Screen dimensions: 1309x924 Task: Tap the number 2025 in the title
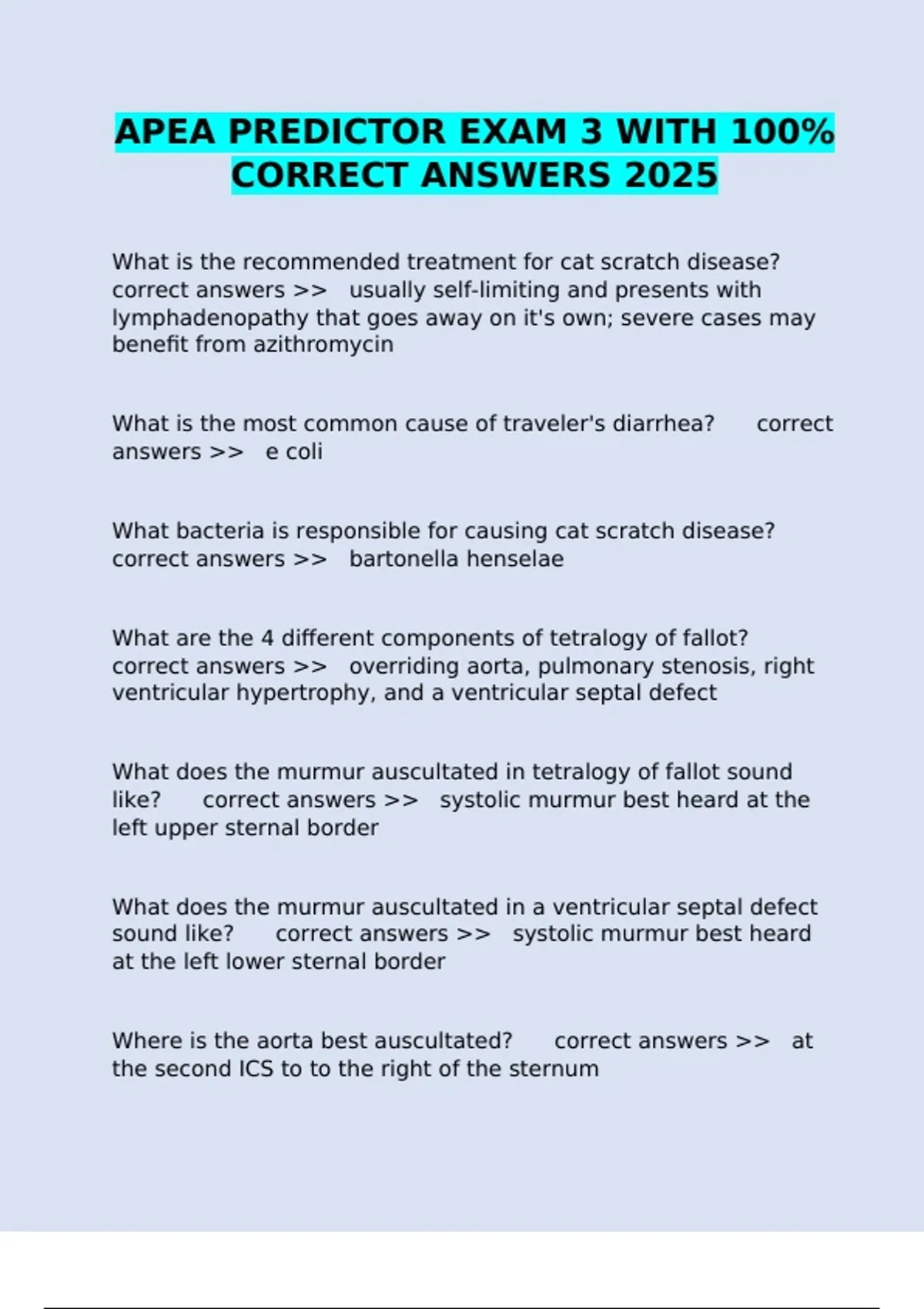(x=671, y=176)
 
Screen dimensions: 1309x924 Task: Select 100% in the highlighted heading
(x=782, y=132)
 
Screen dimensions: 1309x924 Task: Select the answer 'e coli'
(x=293, y=451)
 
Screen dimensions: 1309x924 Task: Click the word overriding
(x=405, y=666)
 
